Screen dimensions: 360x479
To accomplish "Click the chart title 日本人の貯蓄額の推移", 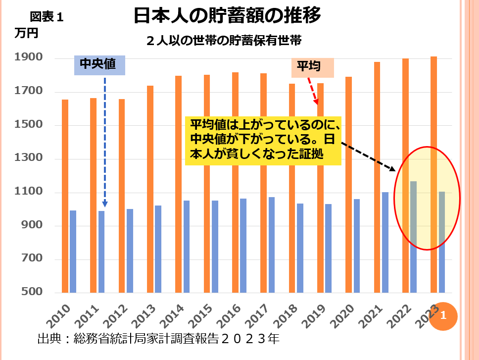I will (227, 16).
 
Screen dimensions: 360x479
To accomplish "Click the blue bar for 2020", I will (357, 246).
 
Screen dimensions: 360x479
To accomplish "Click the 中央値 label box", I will (99, 65).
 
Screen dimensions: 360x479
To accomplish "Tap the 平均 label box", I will (312, 67).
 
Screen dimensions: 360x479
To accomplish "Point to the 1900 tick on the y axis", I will (30, 58).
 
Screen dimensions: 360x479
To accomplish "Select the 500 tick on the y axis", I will (33, 292).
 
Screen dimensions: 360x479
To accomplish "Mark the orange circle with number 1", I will (443, 315).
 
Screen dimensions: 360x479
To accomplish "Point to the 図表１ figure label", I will (47, 17).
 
